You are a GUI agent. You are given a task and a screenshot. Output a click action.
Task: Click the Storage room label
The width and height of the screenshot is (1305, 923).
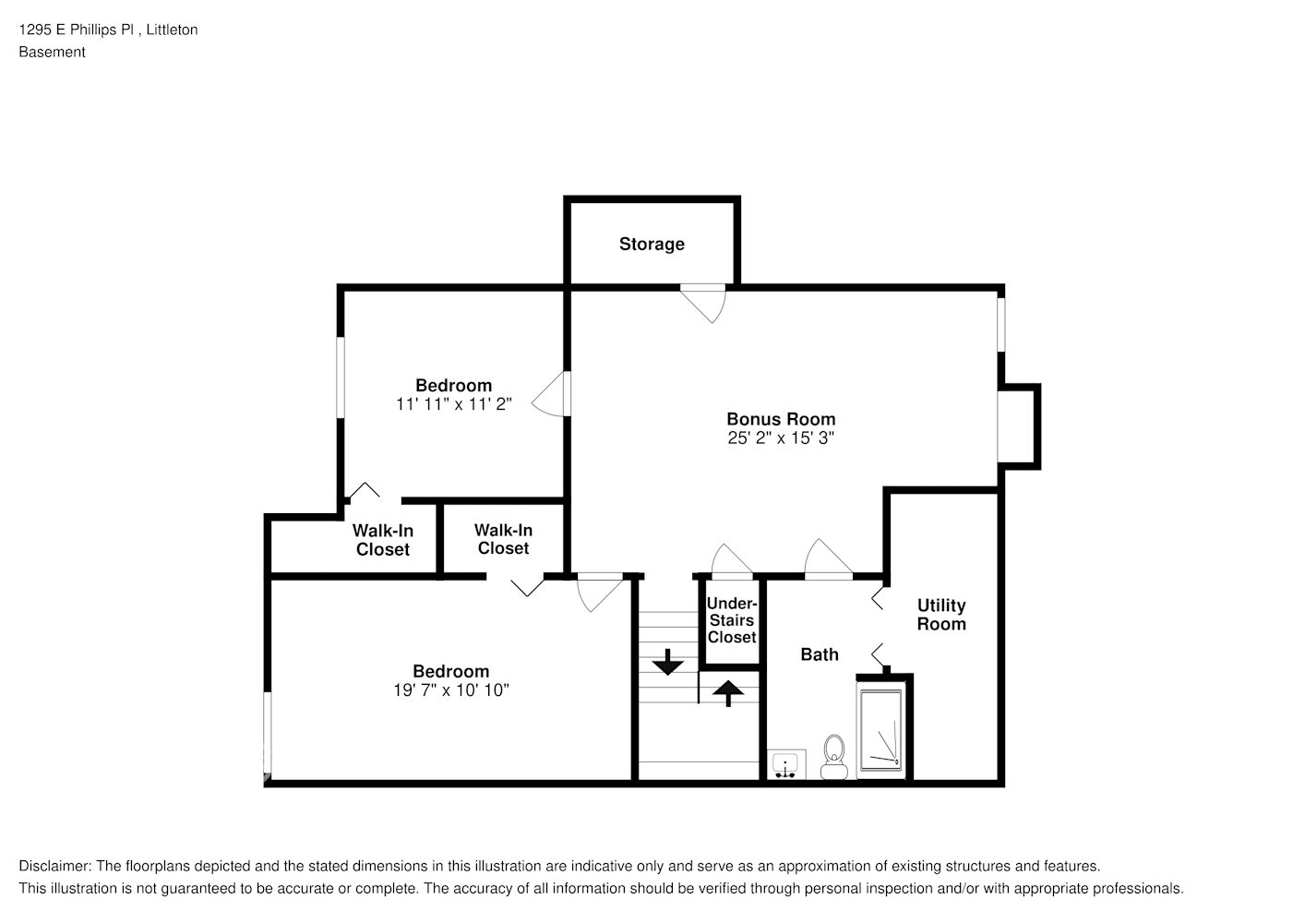point(652,244)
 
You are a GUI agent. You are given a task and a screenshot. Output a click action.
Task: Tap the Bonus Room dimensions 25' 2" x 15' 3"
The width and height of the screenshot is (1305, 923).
point(781,438)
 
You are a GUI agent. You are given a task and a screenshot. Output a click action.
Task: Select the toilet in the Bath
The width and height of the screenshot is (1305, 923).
point(834,756)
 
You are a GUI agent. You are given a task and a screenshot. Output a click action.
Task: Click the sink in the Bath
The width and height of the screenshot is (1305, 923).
point(785,764)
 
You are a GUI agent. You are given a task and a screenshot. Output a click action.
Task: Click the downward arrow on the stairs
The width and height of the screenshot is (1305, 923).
point(666,662)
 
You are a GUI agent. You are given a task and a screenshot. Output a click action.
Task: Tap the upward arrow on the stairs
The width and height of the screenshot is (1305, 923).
point(728,692)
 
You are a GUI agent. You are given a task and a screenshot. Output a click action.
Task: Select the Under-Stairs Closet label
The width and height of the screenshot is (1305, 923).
point(731,620)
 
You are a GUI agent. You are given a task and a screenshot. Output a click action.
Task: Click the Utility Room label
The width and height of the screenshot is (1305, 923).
point(941,615)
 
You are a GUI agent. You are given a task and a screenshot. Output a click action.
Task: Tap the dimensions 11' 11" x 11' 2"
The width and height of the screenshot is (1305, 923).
point(453,404)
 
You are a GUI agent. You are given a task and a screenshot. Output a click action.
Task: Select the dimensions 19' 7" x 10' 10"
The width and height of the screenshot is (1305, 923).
point(450,690)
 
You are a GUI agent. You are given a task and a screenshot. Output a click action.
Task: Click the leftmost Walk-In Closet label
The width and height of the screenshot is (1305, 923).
point(383,540)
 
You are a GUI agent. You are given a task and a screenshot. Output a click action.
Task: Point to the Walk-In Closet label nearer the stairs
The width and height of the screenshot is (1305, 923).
point(503,539)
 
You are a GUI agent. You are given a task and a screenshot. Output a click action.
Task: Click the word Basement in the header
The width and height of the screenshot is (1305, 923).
point(52,52)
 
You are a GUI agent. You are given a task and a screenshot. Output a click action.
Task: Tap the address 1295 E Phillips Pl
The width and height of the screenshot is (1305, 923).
point(78,30)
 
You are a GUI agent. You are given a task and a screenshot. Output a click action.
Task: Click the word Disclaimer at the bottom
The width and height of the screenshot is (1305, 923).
point(54,866)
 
